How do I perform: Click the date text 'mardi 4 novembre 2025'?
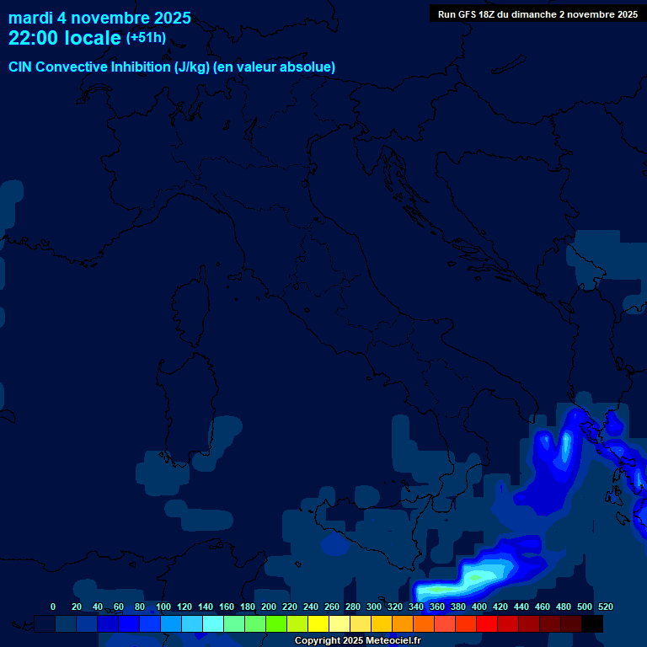pos(99,18)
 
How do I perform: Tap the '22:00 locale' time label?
pos(65,38)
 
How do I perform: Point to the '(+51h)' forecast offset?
pos(146,38)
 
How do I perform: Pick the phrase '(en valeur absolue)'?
pos(275,67)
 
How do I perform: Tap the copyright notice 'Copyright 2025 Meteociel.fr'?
pos(357,641)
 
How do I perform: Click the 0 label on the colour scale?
pos(53,607)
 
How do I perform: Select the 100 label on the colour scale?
pos(163,607)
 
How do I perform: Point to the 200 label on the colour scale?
pos(269,607)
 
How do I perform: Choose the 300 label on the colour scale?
pos(374,607)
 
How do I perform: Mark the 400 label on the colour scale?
pos(479,607)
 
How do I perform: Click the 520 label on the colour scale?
pos(605,607)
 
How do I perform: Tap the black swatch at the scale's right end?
pos(592,624)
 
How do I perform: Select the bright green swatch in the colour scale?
pos(276,624)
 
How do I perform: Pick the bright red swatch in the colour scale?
pos(487,624)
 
